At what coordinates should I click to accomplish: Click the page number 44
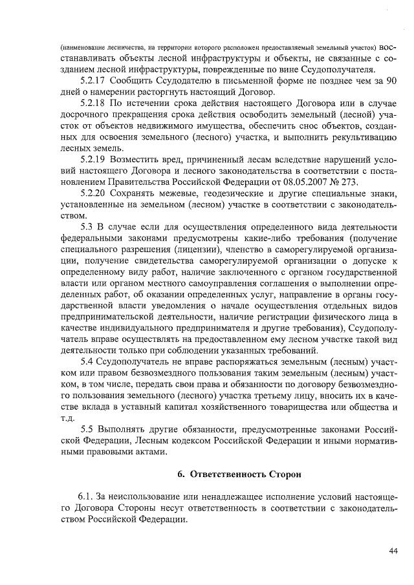393,550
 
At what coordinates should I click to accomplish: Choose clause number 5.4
87,361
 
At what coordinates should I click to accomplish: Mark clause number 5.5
87,429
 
